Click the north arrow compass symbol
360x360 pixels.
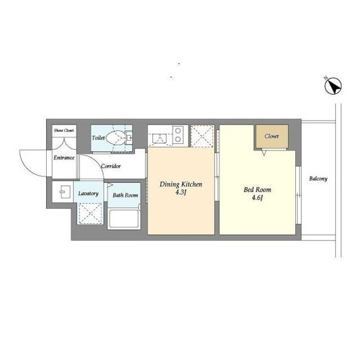pyautogui.click(x=333, y=86)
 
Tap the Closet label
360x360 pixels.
pyautogui.click(x=272, y=136)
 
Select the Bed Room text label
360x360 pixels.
pyautogui.click(x=258, y=189)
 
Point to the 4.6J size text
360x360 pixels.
pyautogui.click(x=257, y=198)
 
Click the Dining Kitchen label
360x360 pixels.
pyautogui.click(x=181, y=184)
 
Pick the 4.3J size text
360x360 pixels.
pyautogui.click(x=180, y=193)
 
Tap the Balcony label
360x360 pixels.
pyautogui.click(x=318, y=178)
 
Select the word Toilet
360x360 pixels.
pyautogui.click(x=98, y=138)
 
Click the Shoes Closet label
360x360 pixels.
pyautogui.click(x=64, y=130)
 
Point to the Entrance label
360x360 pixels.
pyautogui.click(x=64, y=158)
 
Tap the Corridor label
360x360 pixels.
pyautogui.click(x=111, y=166)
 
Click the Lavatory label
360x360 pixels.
pyautogui.click(x=88, y=193)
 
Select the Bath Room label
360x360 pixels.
pyautogui.click(x=125, y=195)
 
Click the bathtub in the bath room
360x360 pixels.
pyautogui.click(x=124, y=219)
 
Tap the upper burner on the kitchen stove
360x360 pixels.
pyautogui.click(x=178, y=131)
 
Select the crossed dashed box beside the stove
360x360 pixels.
pyautogui.click(x=202, y=136)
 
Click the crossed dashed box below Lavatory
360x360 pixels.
pyautogui.click(x=90, y=213)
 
